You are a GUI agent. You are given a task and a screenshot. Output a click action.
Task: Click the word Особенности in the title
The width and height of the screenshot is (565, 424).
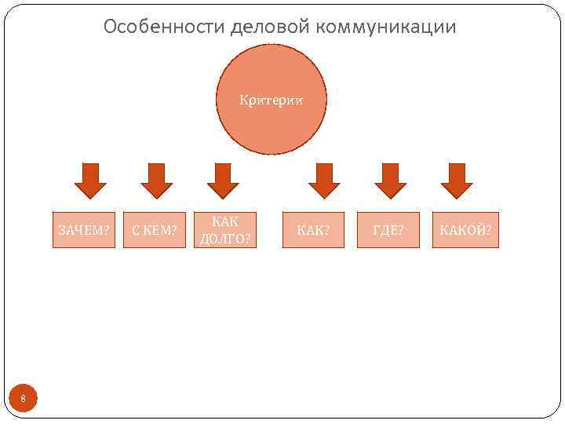tap(165, 27)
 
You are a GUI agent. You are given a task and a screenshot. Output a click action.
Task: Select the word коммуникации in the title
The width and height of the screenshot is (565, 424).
tap(387, 27)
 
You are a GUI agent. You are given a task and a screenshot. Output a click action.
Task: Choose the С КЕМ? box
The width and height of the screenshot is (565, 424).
tap(155, 230)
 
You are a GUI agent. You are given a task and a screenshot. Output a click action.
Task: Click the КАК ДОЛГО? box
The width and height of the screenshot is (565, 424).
tap(226, 230)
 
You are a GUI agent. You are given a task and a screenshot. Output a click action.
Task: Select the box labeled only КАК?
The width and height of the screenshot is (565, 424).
tap(313, 230)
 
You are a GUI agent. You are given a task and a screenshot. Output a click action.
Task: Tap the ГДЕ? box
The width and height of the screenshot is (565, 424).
tap(388, 230)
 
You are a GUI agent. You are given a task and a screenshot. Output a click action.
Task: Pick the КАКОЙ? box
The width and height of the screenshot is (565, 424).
tap(465, 230)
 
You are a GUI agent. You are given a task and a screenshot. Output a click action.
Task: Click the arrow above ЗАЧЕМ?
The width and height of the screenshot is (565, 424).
tap(89, 180)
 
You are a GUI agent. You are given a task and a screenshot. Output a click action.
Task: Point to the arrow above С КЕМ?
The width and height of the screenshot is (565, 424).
tap(156, 180)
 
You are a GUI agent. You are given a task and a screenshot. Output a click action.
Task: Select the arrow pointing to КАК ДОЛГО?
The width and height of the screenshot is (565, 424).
tap(223, 180)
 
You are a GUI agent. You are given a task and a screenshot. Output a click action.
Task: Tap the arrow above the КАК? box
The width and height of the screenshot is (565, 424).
tap(324, 180)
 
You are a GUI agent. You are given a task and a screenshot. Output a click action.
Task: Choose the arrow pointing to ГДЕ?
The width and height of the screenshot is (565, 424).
tap(391, 180)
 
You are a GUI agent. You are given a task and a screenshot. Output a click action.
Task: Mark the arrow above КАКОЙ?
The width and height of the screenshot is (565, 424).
tap(457, 180)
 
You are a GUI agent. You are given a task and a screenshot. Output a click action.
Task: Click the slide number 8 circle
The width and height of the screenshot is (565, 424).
tap(23, 400)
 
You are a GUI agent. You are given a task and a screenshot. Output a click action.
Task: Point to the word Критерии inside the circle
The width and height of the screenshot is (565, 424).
tap(271, 101)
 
